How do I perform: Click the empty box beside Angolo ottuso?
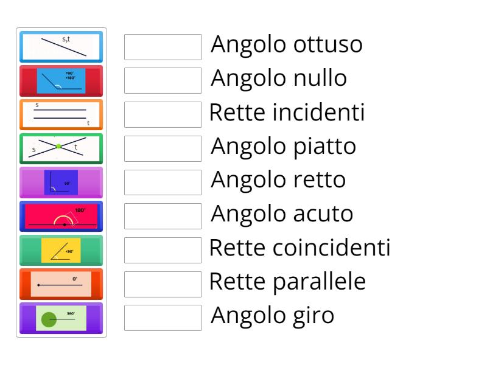tap(163, 47)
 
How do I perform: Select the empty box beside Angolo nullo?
tap(163, 80)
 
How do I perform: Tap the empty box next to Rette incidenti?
tap(163, 114)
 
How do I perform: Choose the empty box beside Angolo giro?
tap(163, 318)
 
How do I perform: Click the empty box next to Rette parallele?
tap(163, 283)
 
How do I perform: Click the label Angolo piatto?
tap(283, 147)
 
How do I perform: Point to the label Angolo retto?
tap(278, 180)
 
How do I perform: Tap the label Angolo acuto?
tap(282, 214)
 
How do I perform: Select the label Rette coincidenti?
tap(300, 248)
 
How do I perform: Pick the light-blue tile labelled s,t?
tap(61, 47)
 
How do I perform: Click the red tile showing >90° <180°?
tap(61, 81)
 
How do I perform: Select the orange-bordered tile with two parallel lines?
tap(61, 114)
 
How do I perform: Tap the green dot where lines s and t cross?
tap(58, 147)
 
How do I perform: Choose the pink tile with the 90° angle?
tap(61, 182)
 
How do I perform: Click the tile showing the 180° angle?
tap(61, 217)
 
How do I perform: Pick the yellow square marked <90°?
tap(61, 250)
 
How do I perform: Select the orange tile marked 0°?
tap(61, 284)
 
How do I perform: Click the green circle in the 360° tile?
tap(49, 318)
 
